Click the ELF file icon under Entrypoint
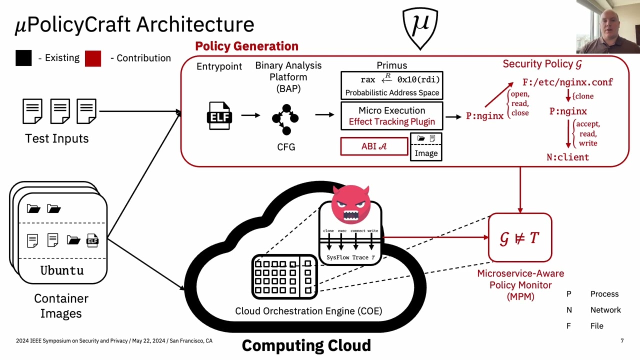[219, 115]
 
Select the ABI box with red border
[374, 146]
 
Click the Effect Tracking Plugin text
[391, 121]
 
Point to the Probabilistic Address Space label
[392, 92]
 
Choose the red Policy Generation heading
[246, 46]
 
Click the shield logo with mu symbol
[420, 27]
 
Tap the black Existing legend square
[23, 58]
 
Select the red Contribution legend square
[93, 58]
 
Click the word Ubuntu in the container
[62, 270]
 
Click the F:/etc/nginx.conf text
[567, 82]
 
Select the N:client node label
[567, 157]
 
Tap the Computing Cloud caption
[306, 345]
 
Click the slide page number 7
[622, 341]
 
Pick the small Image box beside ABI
[426, 147]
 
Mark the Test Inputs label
[57, 138]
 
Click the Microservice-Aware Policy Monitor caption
[520, 285]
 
